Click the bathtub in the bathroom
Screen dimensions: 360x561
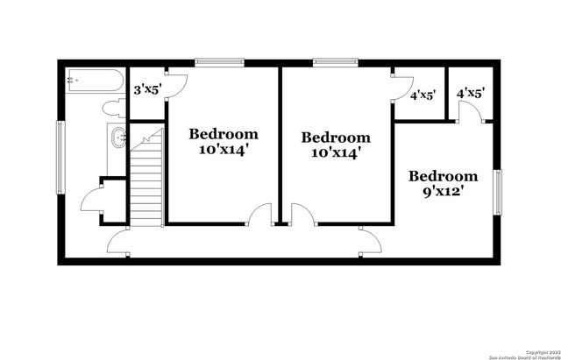pyautogui.click(x=96, y=82)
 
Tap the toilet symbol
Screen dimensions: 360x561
pyautogui.click(x=112, y=108)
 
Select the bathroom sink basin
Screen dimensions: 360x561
pyautogui.click(x=117, y=137)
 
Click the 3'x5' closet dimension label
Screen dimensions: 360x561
pyautogui.click(x=147, y=88)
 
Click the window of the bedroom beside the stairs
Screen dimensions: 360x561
pyautogui.click(x=219, y=62)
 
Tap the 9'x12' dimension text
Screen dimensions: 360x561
pyautogui.click(x=444, y=190)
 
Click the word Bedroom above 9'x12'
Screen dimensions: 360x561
pyautogui.click(x=444, y=175)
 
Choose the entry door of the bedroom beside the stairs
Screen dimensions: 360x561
pyautogui.click(x=259, y=215)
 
